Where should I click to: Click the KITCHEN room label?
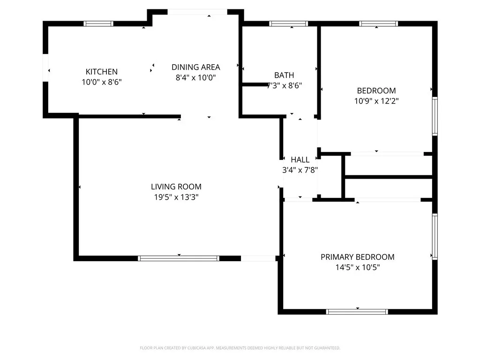coord(101,72)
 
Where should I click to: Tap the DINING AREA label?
coord(195,67)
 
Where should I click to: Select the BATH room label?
coord(284,75)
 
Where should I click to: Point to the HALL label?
coord(300,160)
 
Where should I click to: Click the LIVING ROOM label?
coord(176,187)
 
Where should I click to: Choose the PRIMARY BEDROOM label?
coord(357,257)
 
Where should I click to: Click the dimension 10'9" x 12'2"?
coord(376,101)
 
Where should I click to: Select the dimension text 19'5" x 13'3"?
coord(176,197)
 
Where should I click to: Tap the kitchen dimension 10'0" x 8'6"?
coord(101,82)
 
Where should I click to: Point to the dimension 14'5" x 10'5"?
coord(357,268)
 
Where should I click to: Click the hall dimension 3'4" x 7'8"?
coord(300,170)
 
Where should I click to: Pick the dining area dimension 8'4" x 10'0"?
coord(195,78)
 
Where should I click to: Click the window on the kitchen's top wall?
coord(98,23)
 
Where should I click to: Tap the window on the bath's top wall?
coord(289,23)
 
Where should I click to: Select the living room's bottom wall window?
coord(179,258)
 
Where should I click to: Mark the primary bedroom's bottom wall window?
coord(357,311)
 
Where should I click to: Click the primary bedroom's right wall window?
coord(435,236)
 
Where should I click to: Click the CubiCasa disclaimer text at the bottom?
coord(240,348)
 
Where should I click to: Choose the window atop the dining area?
coord(197,12)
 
